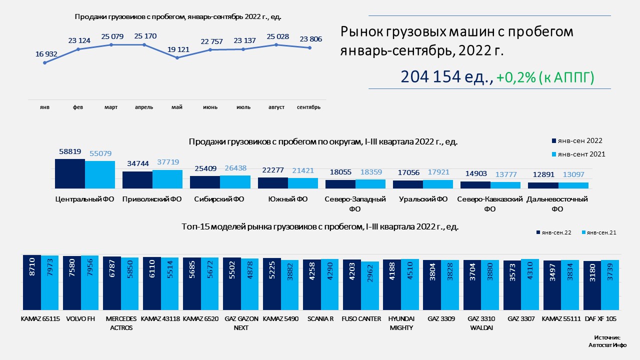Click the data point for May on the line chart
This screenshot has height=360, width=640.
[x=177, y=58]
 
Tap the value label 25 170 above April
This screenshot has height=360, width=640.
[x=144, y=36]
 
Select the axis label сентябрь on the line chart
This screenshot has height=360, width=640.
[x=308, y=107]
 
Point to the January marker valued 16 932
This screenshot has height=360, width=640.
[x=45, y=62]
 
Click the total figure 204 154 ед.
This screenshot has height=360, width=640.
[x=447, y=77]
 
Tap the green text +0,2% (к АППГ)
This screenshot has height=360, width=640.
[x=545, y=77]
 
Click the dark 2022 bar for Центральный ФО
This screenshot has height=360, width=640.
[x=70, y=173]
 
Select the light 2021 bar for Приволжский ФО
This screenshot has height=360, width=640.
[x=167, y=179]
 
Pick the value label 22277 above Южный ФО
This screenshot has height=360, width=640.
[x=272, y=171]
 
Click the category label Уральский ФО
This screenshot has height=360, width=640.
[x=423, y=199]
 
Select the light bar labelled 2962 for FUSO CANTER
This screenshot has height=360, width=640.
[x=370, y=285]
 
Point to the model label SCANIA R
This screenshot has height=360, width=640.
[x=320, y=318]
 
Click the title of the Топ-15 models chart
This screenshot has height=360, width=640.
[x=320, y=227]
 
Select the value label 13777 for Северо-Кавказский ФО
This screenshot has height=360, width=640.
[x=505, y=175]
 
